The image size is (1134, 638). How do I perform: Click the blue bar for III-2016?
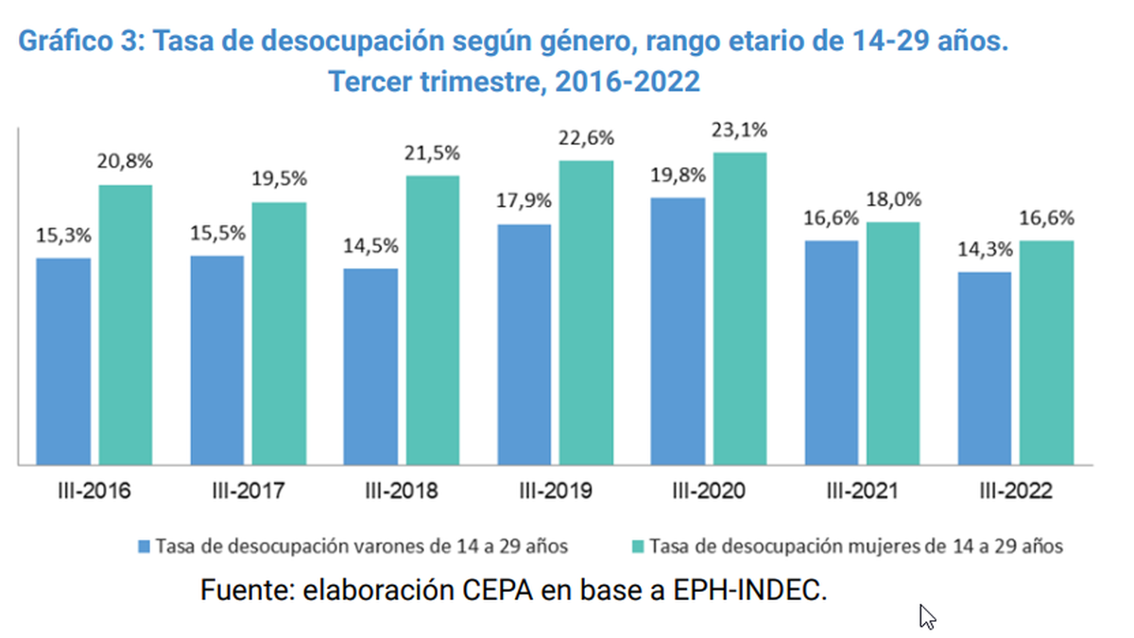(64, 361)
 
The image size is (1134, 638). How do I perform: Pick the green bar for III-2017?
(279, 334)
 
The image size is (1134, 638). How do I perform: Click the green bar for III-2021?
(894, 343)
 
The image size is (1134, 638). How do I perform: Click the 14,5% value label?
(371, 246)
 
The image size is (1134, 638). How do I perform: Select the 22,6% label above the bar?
(587, 138)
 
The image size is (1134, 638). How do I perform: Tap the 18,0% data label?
(894, 199)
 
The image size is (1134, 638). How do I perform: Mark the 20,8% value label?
(126, 162)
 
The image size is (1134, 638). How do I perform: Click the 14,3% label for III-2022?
(985, 250)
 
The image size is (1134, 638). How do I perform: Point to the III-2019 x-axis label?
(555, 491)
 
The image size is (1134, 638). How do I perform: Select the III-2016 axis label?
(93, 491)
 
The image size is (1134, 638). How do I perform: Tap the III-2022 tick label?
(1016, 491)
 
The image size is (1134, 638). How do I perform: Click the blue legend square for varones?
(144, 546)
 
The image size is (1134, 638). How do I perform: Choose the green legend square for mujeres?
(638, 546)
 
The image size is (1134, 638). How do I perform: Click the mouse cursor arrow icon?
(926, 616)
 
